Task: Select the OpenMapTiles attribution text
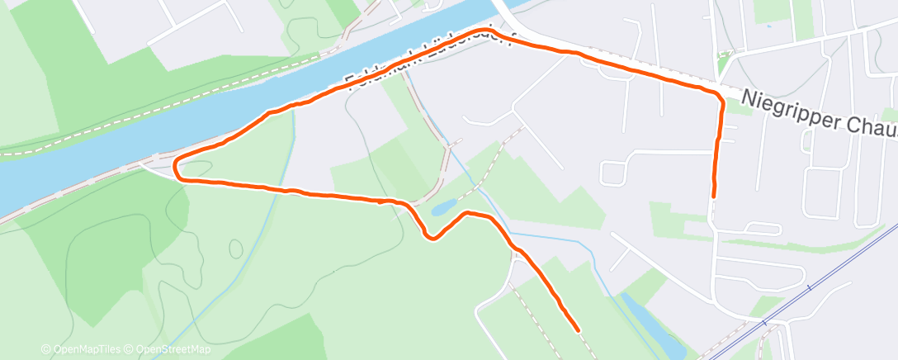pyautogui.click(x=86, y=350)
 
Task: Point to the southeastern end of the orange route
pyautogui.click(x=576, y=329)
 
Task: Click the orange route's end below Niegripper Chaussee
pyautogui.click(x=713, y=197)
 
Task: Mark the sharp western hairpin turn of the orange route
pyautogui.click(x=177, y=168)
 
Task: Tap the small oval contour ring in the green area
pyautogui.click(x=236, y=247)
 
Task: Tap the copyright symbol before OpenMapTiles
pyautogui.click(x=45, y=350)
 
